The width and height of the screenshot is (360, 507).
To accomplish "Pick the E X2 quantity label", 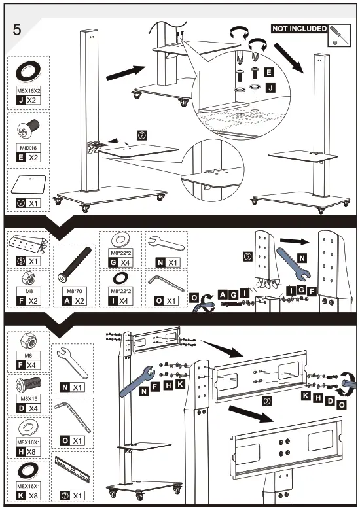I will tap(32, 158).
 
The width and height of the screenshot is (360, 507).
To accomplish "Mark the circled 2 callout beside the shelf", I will tap(141, 135).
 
